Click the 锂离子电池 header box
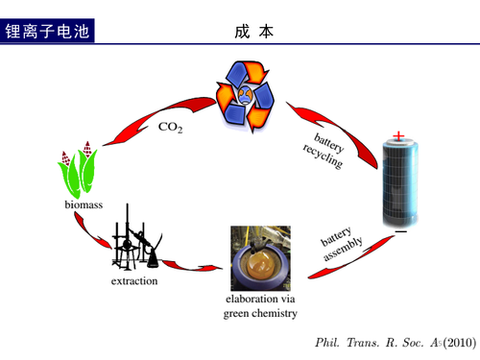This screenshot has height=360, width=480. click(47, 31)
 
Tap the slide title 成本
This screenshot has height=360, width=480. click(253, 32)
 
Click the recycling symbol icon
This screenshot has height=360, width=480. click(246, 96)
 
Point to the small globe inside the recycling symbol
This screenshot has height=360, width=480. click(246, 95)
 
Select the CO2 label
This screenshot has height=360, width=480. click(171, 128)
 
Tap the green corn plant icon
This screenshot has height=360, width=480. click(77, 170)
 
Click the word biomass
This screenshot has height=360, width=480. click(84, 204)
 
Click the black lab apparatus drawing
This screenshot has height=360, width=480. click(137, 238)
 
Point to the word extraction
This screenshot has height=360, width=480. click(134, 281)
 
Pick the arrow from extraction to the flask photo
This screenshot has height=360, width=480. click(192, 267)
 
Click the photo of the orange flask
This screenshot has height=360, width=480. click(261, 258)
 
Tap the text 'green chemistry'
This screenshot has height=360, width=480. click(260, 313)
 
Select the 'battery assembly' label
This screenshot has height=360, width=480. click(342, 244)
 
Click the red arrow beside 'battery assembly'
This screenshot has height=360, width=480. click(350, 257)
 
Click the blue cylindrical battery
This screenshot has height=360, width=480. click(400, 182)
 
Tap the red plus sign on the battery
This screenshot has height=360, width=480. click(398, 136)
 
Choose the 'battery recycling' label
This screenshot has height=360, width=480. click(324, 151)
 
